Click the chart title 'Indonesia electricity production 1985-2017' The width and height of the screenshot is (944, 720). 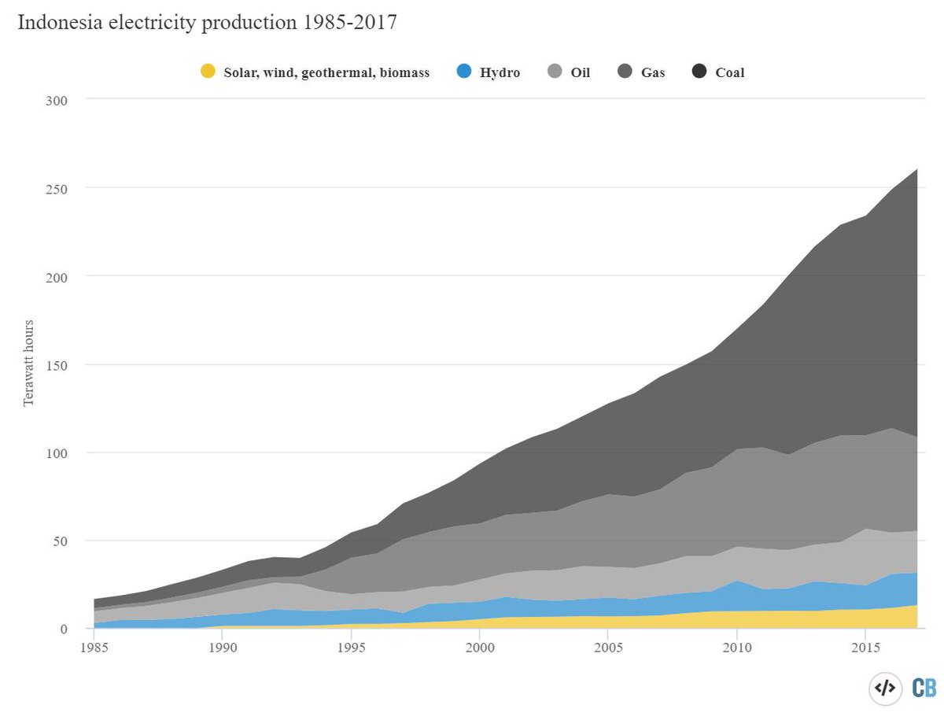point(206,23)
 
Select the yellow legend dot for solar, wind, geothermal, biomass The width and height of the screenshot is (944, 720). point(208,72)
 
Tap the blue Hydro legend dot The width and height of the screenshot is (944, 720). point(464,72)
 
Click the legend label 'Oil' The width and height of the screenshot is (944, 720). point(581,72)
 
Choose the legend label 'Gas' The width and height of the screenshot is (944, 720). point(653,72)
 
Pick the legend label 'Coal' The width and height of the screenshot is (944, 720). point(729,72)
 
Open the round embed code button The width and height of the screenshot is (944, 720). point(885,688)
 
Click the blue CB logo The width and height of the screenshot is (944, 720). point(924,688)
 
